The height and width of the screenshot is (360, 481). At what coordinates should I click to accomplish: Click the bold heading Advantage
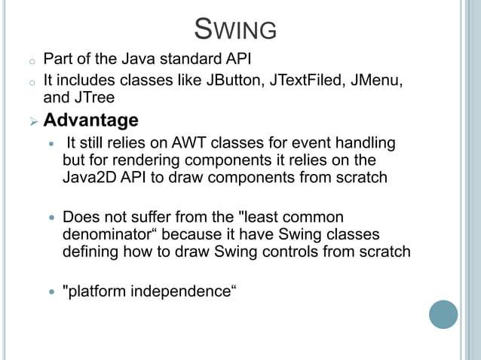(90, 121)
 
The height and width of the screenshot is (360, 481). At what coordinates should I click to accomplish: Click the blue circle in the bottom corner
(443, 314)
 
